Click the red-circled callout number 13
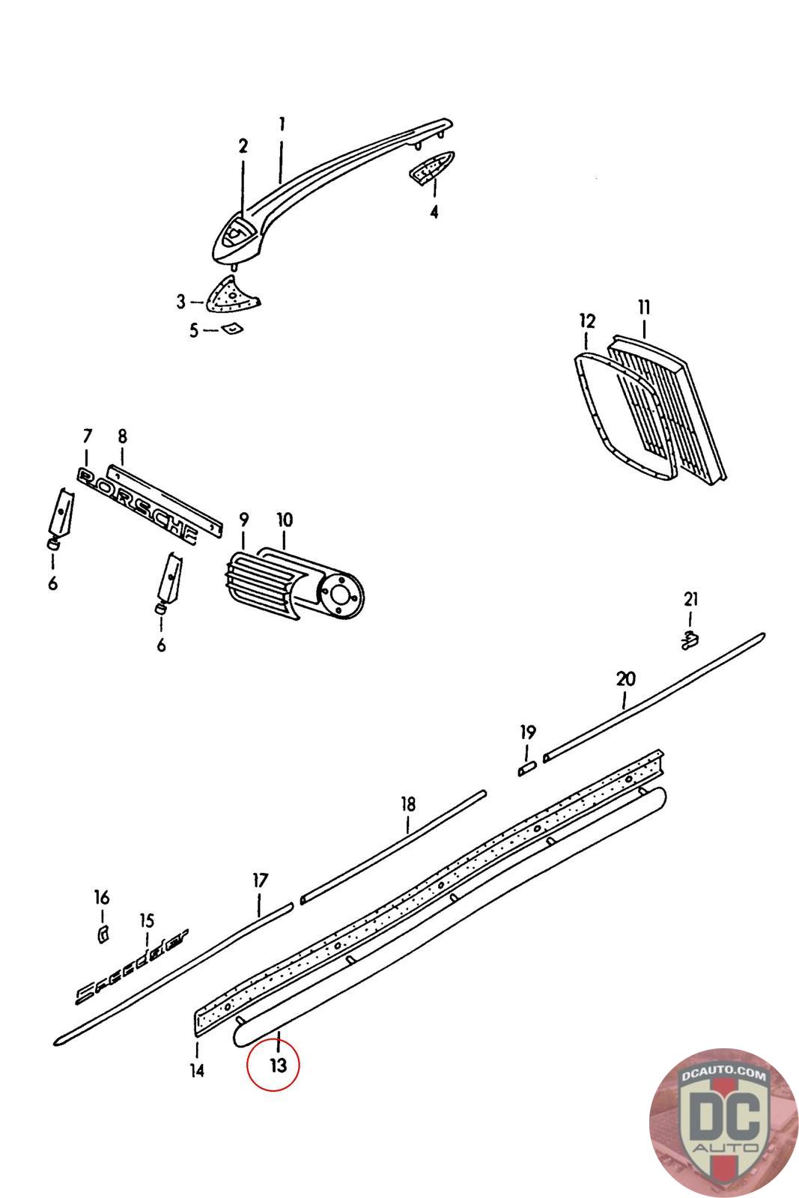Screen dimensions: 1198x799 point(278,1064)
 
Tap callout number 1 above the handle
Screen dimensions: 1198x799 point(282,124)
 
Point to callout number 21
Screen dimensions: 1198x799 point(690,599)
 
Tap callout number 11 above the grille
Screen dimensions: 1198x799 point(644,307)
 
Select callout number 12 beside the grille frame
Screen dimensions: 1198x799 point(587,321)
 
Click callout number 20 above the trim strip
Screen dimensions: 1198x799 point(625,679)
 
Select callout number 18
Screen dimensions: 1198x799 point(407,805)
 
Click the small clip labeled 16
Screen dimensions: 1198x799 point(103,932)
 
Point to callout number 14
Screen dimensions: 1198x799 point(196,1071)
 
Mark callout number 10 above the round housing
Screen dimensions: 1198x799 point(285,520)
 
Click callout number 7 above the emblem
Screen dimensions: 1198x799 point(87,436)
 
